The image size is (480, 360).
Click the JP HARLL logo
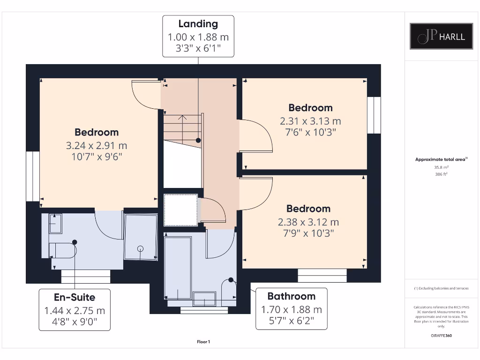point(442,36)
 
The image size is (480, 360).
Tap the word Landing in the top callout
point(198,24)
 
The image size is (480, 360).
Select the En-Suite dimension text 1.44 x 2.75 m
point(75,310)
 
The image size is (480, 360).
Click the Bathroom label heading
point(291,296)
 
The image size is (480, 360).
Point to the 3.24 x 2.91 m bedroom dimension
point(97,146)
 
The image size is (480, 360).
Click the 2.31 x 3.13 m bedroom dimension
point(310,121)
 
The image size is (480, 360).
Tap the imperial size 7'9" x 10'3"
point(308,233)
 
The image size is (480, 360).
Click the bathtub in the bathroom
point(178,267)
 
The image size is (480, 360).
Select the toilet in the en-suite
point(63,250)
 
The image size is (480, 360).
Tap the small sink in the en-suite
point(55,224)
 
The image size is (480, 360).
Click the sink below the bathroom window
point(204,298)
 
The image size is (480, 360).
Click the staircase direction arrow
point(182,119)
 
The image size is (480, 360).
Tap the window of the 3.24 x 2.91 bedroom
point(32,176)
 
